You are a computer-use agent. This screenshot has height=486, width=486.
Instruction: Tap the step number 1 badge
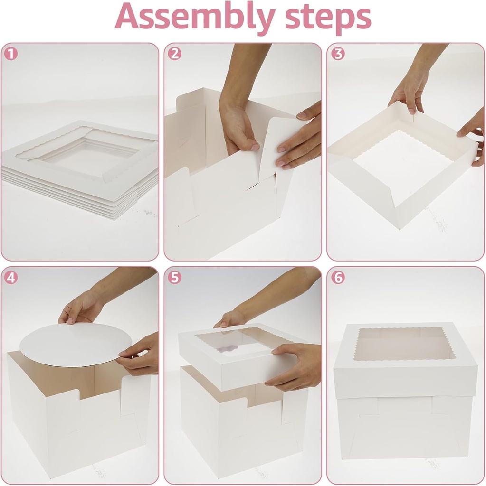10,53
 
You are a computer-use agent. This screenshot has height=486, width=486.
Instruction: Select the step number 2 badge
174,53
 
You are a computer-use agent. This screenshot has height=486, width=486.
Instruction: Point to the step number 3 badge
337,53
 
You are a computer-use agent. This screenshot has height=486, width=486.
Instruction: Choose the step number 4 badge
10,277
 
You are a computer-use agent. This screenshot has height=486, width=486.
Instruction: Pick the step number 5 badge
174,277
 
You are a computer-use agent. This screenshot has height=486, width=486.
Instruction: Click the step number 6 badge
337,277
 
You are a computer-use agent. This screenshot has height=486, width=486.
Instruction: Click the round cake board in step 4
71,345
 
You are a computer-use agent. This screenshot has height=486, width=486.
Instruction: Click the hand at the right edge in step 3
473,133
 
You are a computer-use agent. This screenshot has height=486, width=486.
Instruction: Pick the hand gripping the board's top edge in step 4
81,311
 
